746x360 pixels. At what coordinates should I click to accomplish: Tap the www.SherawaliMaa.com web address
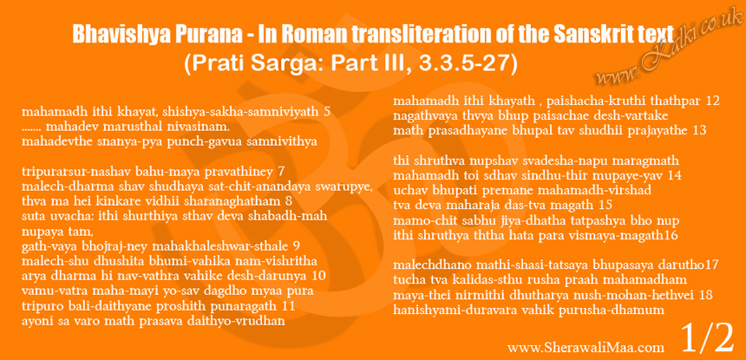(586, 348)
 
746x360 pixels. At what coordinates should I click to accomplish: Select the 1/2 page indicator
(707, 337)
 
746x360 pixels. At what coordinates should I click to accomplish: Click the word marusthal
(131, 128)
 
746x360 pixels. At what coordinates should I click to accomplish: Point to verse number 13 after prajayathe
(700, 130)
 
